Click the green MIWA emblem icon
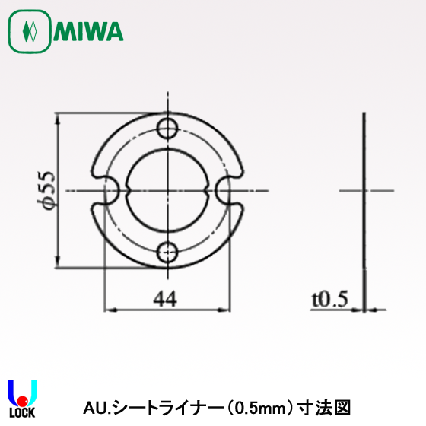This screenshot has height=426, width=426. click(29, 32)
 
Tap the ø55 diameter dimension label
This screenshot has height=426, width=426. click(48, 190)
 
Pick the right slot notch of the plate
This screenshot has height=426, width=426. click(227, 189)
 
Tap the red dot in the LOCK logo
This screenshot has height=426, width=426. click(23, 400)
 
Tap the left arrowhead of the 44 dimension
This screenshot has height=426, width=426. click(107, 310)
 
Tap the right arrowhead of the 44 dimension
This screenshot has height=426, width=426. click(226, 310)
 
